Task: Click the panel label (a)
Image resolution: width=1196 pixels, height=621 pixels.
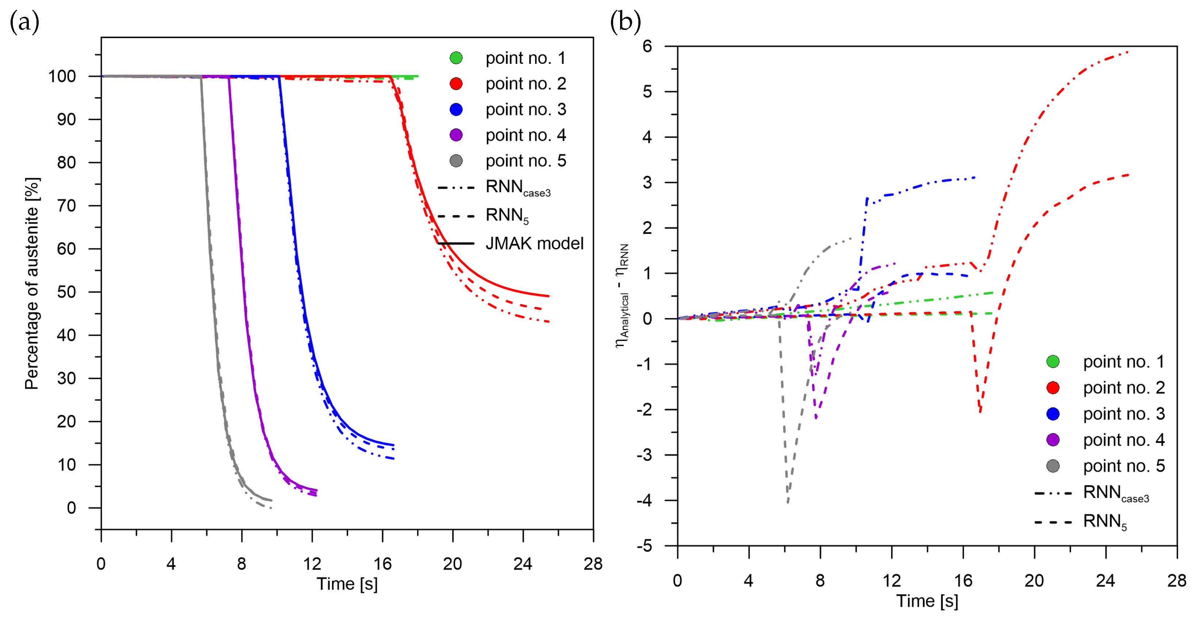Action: [x=24, y=22]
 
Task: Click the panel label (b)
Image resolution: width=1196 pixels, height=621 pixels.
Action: [x=625, y=22]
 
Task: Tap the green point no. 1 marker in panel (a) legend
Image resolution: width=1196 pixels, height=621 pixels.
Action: [x=456, y=58]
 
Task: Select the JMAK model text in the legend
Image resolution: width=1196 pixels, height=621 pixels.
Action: [x=534, y=243]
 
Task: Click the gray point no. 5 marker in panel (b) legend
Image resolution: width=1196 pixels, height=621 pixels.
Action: [x=1053, y=466]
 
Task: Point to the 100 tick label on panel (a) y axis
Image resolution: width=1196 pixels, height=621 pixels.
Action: [x=62, y=77]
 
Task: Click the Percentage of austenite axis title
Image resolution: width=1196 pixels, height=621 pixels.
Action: [x=32, y=283]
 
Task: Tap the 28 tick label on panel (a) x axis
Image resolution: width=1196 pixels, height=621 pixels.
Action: [x=593, y=564]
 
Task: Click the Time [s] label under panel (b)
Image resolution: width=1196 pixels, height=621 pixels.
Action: [x=927, y=601]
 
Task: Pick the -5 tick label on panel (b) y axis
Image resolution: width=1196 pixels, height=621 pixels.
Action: [x=645, y=546]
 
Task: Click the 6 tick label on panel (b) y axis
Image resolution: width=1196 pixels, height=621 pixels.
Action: [x=647, y=46]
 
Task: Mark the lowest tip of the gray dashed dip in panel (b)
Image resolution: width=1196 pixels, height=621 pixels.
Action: [x=788, y=502]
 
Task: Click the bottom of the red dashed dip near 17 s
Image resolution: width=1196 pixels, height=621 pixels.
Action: [x=980, y=412]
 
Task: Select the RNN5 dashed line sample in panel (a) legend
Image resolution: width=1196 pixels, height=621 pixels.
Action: [x=456, y=216]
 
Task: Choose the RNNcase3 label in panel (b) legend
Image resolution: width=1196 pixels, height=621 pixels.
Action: [x=1116, y=493]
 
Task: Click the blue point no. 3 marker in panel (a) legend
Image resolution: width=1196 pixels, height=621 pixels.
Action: [x=456, y=109]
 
